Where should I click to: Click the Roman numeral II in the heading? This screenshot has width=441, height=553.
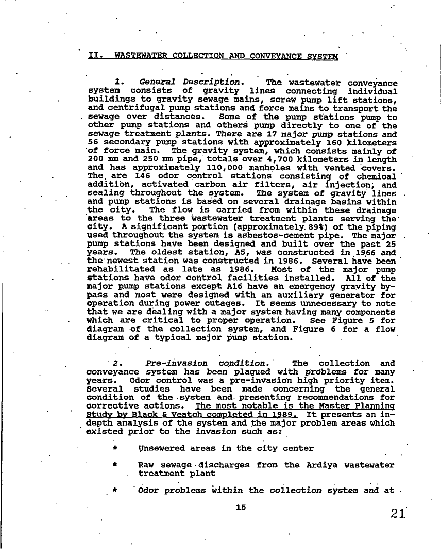[93, 55]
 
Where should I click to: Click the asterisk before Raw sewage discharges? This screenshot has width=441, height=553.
[113, 465]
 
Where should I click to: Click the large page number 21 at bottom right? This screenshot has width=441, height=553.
[398, 514]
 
